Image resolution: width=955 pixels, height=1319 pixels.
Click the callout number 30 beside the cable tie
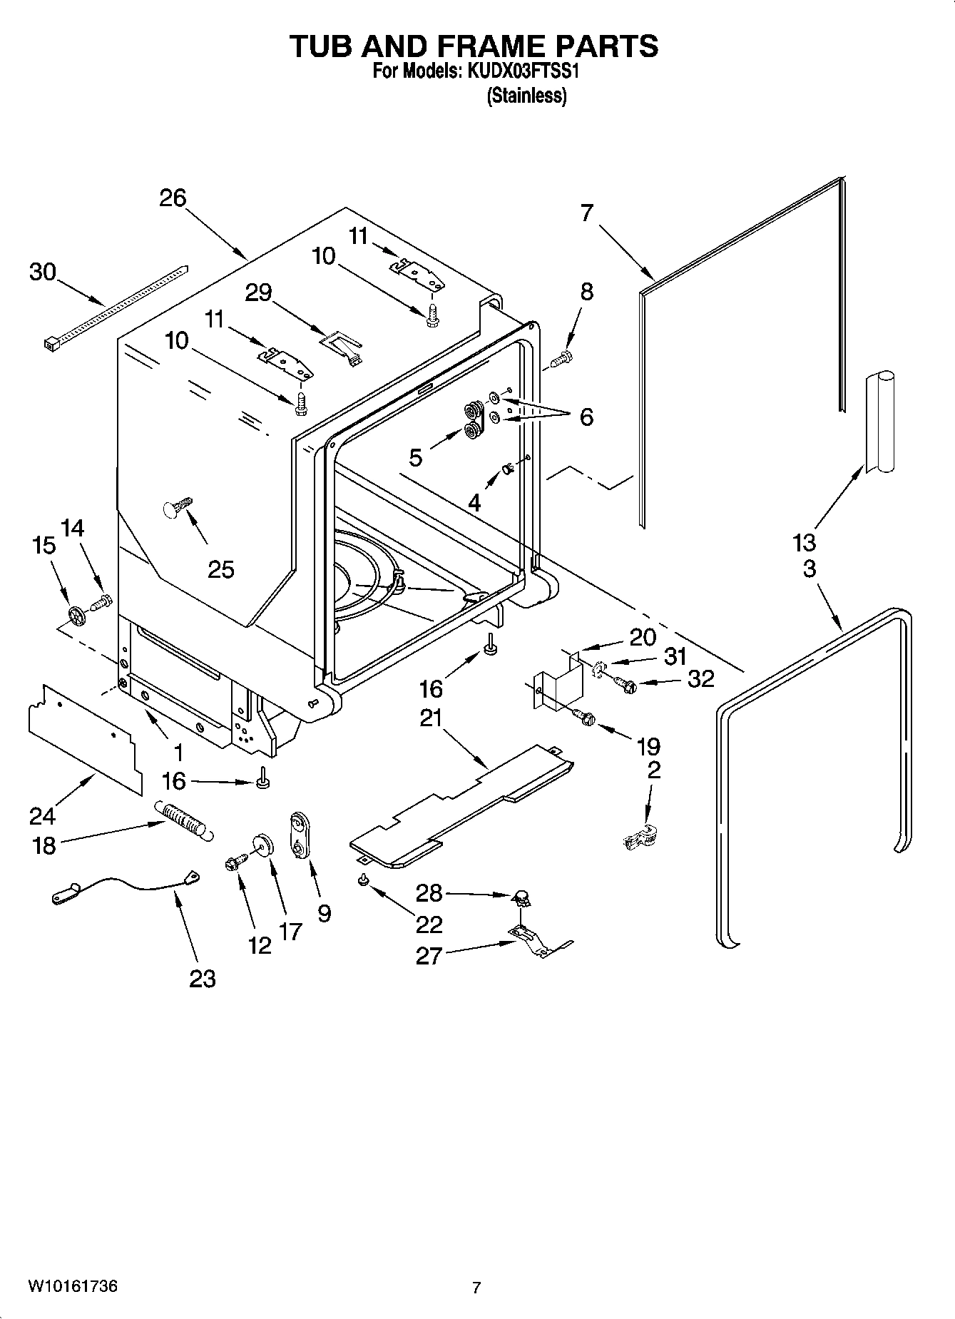click(43, 272)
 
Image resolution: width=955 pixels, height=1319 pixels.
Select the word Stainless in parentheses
click(526, 96)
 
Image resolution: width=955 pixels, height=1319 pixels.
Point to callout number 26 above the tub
click(173, 198)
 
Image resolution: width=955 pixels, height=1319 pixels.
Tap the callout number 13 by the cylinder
click(804, 542)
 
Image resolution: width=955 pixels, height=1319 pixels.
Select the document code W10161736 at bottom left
click(73, 1286)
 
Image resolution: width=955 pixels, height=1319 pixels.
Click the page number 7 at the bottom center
click(476, 1288)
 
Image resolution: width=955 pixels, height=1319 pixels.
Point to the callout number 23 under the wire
click(203, 978)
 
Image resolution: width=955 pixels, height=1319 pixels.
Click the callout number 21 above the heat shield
click(431, 718)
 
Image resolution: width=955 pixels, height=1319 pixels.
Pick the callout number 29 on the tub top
click(259, 292)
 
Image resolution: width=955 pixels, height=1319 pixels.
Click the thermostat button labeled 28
click(521, 896)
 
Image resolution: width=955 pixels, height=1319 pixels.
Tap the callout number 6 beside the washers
click(586, 417)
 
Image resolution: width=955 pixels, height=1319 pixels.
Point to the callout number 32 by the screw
click(700, 678)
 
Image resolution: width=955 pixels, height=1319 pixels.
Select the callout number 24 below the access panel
click(43, 815)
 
